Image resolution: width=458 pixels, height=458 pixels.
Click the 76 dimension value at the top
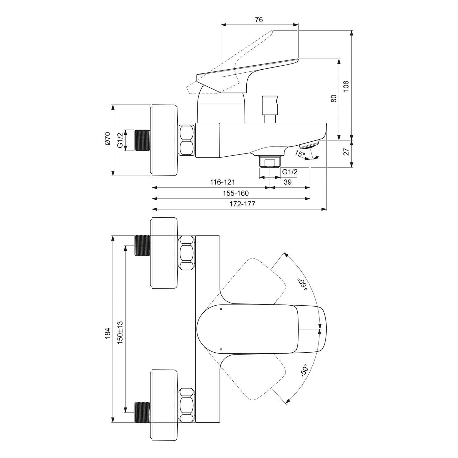point(259,20)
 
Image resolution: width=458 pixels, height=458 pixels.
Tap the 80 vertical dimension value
point(334,98)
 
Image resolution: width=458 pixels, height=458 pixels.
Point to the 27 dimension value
point(346,152)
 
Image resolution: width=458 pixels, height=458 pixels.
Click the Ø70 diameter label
point(107,139)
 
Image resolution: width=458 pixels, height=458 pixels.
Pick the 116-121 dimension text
point(222,182)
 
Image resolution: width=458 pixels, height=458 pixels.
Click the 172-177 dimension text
point(242,204)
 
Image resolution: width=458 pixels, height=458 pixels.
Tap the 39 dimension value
point(288,182)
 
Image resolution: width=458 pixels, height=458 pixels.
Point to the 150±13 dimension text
point(120,333)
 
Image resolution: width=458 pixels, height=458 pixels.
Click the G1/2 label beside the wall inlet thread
point(120,140)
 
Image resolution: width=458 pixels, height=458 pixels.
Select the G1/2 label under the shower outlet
point(289,172)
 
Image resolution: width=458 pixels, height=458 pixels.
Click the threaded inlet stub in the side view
point(142,140)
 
